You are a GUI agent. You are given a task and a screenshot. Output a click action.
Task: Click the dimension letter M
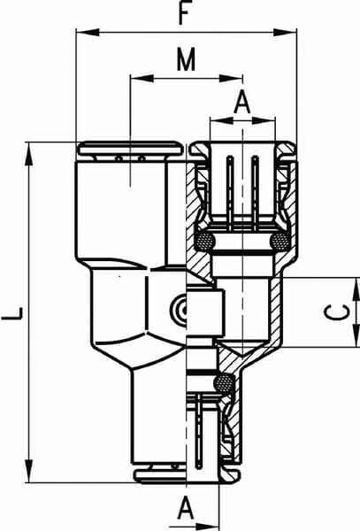coord(186,59)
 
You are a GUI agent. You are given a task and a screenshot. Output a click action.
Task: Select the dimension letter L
coord(12,313)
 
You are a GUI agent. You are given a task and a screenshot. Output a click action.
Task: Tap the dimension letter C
coord(337,312)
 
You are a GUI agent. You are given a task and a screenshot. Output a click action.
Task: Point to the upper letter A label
coord(242,102)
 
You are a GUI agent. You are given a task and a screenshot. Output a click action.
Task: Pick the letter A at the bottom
coord(186,507)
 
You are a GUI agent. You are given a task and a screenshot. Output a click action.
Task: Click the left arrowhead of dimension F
coord(88,33)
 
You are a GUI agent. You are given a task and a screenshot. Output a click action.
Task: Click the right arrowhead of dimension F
coord(285,33)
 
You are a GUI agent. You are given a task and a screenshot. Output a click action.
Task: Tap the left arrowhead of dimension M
coord(142,78)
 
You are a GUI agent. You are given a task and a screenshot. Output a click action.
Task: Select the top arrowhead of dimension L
coord(29,154)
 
